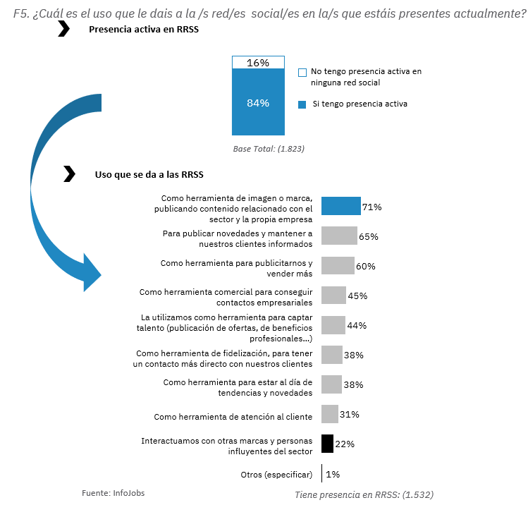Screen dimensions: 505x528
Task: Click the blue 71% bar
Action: pyautogui.click(x=341, y=206)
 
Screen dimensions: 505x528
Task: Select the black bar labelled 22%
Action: pyautogui.click(x=327, y=444)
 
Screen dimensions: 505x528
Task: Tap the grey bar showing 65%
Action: pyautogui.click(x=339, y=236)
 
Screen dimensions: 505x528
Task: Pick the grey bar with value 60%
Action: pyautogui.click(x=338, y=265)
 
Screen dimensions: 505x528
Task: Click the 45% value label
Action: pyautogui.click(x=357, y=296)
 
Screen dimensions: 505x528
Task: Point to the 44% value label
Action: pyautogui.click(x=357, y=325)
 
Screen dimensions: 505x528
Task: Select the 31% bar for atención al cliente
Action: pyautogui.click(x=330, y=414)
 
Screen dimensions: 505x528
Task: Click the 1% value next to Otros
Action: pyautogui.click(x=333, y=474)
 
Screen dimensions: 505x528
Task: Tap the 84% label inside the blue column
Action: pyautogui.click(x=258, y=103)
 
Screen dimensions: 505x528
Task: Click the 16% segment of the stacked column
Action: pyautogui.click(x=258, y=62)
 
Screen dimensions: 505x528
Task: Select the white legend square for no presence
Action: pyautogui.click(x=302, y=73)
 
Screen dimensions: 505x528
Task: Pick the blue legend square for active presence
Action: pyautogui.click(x=302, y=104)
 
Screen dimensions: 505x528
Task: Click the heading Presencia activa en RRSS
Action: pyautogui.click(x=143, y=30)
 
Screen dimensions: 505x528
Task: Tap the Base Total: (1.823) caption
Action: pyautogui.click(x=269, y=149)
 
